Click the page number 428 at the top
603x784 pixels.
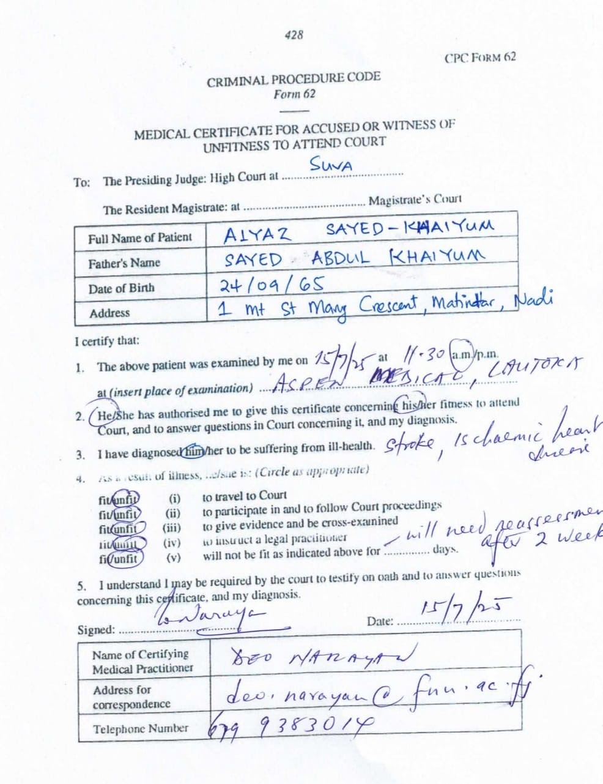(x=294, y=35)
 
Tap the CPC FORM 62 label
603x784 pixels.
(x=480, y=58)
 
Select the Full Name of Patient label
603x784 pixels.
(x=139, y=237)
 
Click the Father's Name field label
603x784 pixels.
(x=124, y=263)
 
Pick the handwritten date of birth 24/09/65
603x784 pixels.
(x=272, y=284)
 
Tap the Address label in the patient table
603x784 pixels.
(x=109, y=313)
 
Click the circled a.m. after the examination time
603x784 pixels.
(x=458, y=354)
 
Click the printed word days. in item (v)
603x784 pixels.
(x=445, y=549)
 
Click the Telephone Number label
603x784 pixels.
(x=141, y=729)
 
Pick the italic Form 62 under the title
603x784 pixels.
(x=294, y=94)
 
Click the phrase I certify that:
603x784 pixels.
(x=106, y=341)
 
